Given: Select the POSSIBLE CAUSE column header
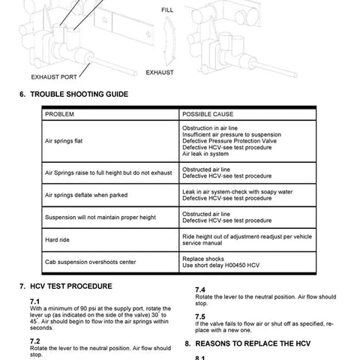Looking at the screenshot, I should click(208, 114).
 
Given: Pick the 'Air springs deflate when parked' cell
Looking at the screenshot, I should click(86, 194).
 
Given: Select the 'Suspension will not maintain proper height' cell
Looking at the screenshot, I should click(100, 217).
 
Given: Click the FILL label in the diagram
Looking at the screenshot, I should click(167, 10).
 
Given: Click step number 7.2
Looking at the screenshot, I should click(34, 340).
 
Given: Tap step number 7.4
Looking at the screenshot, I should click(200, 289).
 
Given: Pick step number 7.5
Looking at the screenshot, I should click(200, 316).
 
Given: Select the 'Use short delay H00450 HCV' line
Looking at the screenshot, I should click(222, 265).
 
